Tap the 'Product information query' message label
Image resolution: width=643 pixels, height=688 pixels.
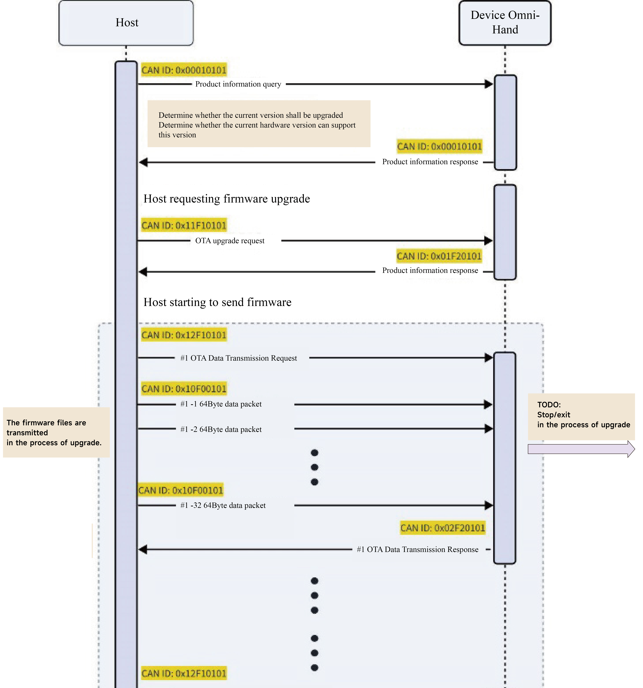tap(238, 84)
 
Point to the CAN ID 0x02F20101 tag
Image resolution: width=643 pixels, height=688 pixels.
tap(443, 528)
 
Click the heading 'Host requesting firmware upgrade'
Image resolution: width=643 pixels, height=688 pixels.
tap(227, 199)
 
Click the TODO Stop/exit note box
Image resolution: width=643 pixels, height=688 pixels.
tap(581, 417)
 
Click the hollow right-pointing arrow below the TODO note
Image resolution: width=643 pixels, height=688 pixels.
tap(581, 449)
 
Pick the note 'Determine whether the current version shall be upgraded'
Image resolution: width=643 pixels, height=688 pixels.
tap(259, 124)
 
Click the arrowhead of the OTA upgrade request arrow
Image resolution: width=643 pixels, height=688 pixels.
tap(488, 241)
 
